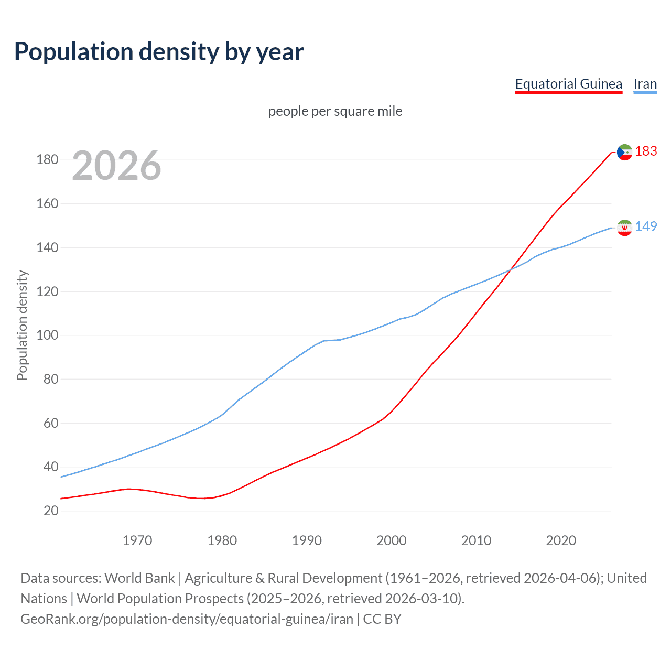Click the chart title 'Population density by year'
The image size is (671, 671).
(159, 52)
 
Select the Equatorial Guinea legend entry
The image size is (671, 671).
(568, 84)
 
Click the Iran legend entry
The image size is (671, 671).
(645, 84)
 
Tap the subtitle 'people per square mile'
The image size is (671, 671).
(335, 112)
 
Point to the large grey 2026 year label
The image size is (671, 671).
(116, 166)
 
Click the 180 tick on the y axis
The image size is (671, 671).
(47, 160)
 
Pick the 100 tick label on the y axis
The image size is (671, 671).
(47, 335)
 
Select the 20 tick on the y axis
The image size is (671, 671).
(51, 511)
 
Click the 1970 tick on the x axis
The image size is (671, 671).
(137, 540)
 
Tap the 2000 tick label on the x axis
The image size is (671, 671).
(392, 540)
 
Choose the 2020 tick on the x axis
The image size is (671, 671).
(561, 540)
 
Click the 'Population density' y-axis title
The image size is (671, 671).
(22, 325)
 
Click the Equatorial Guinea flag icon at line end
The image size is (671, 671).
(624, 152)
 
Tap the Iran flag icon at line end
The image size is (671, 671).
(624, 228)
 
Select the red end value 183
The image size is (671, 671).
(646, 151)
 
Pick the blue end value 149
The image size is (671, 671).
(646, 226)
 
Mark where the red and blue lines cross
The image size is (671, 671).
(510, 270)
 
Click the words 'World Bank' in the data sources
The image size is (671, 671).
(139, 578)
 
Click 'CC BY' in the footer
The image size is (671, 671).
(382, 619)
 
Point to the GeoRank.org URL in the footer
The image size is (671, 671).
(187, 619)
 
